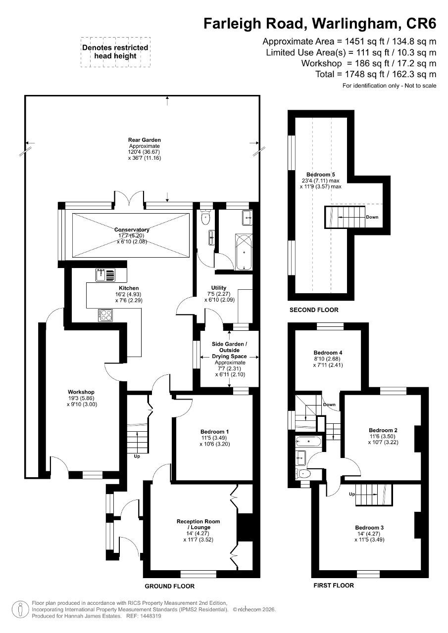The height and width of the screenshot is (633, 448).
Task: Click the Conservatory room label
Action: (132, 229)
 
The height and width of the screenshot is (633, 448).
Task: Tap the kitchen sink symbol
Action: (105, 275)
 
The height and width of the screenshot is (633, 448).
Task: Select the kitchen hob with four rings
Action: (105, 315)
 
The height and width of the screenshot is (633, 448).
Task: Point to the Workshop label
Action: (81, 392)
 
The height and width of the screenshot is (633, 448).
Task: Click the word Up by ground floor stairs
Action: (137, 456)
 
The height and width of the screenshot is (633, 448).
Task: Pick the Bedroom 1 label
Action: (215, 432)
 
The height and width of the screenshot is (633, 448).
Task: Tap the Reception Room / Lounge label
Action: (198, 524)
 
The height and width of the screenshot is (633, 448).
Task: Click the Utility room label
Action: (219, 288)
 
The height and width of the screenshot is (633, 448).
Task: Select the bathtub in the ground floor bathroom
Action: (244, 252)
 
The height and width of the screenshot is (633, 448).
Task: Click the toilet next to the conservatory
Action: (204, 218)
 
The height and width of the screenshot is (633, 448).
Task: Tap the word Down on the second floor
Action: (372, 217)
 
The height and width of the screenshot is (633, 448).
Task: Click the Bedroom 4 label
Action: (328, 353)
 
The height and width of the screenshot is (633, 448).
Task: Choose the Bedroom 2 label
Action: (383, 430)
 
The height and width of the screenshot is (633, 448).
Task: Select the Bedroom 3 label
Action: (369, 528)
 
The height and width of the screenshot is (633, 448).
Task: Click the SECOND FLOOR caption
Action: (314, 310)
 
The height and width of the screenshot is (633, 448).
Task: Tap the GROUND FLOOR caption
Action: (169, 586)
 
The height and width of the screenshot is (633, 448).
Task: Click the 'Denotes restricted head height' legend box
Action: (115, 52)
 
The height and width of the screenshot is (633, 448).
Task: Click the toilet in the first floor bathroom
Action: (302, 473)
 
